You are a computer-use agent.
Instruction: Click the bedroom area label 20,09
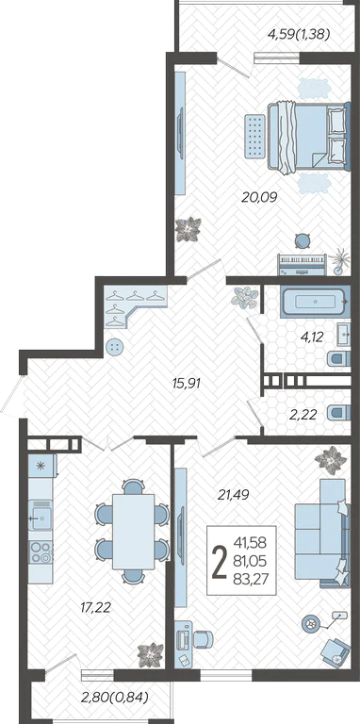tap(259, 198)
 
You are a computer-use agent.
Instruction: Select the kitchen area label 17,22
tap(95, 608)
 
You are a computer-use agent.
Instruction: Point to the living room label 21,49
tap(234, 495)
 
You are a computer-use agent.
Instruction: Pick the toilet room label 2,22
tap(303, 415)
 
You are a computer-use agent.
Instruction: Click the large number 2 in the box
tap(220, 562)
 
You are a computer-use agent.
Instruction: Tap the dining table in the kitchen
tap(134, 532)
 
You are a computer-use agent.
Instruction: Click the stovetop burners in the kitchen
tap(41, 552)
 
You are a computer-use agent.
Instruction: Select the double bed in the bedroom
tap(309, 136)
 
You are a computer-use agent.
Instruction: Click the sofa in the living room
tap(322, 533)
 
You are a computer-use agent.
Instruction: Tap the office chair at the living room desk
tap(203, 639)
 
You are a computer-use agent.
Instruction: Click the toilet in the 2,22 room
tap(338, 412)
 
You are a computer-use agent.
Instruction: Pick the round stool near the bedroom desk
tap(303, 240)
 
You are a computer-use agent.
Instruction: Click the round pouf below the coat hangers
tap(114, 346)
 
